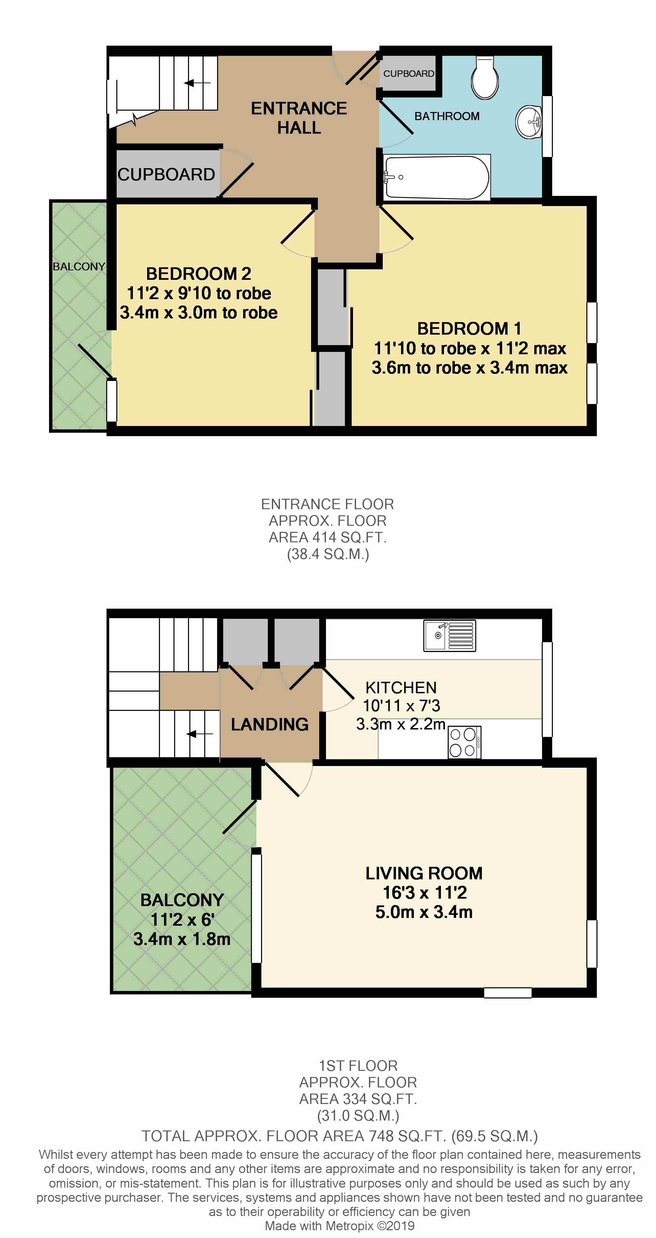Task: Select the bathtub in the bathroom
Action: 437,177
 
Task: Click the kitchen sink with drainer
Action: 449,636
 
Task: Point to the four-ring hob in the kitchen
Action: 464,742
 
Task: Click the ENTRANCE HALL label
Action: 299,118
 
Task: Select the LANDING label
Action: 270,724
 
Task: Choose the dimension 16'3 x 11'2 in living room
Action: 424,893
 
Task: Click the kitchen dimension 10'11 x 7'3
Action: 401,705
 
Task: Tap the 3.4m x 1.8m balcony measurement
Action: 182,939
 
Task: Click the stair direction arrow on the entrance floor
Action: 197,83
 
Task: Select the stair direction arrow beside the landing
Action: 200,734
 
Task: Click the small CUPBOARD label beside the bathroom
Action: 409,73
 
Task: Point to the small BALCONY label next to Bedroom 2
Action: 79,266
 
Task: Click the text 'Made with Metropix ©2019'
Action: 339,1225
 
